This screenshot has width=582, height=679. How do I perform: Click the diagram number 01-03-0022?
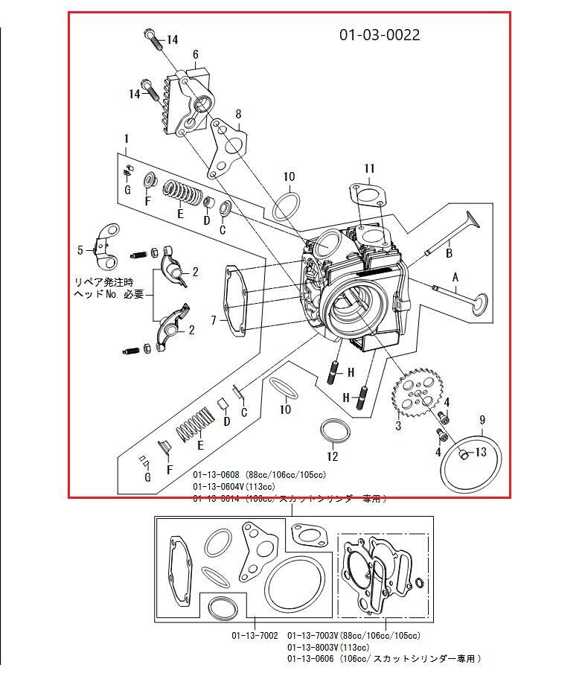click(380, 35)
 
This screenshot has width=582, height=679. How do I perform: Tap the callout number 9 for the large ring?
click(482, 420)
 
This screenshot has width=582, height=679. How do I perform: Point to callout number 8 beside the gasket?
click(238, 114)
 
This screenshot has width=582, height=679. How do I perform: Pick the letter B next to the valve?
click(449, 253)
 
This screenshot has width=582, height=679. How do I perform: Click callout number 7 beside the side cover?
click(214, 320)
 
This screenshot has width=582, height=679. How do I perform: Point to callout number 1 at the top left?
click(127, 138)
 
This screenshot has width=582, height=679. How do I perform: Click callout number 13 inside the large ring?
click(481, 451)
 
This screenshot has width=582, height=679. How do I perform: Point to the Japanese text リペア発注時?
click(103, 282)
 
